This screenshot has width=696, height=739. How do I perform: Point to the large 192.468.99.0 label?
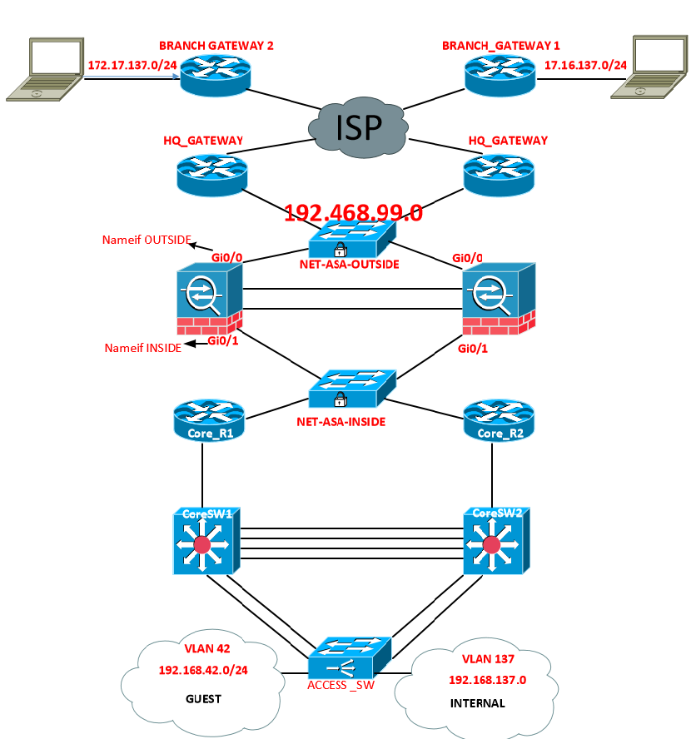[x=353, y=213]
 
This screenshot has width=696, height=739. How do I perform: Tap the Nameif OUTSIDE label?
[x=146, y=241]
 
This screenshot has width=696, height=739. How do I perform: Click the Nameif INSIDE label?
[x=142, y=348]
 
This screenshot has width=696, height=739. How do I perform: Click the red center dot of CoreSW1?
[x=201, y=545]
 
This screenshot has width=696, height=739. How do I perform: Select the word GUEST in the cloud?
[x=203, y=699]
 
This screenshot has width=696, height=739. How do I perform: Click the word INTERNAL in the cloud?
[x=477, y=703]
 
